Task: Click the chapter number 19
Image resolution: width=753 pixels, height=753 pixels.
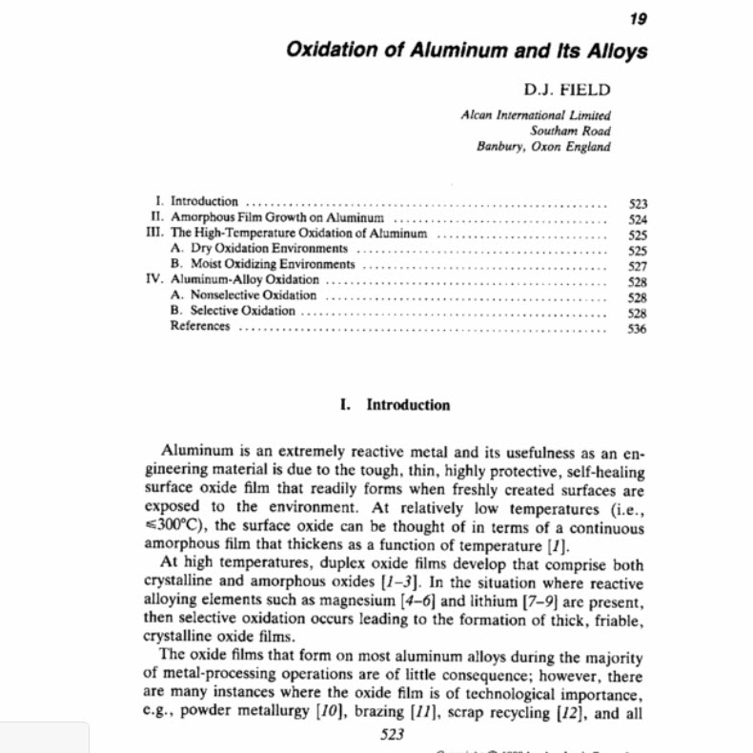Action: click(x=639, y=20)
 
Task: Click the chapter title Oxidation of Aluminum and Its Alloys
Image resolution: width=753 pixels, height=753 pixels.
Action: click(x=467, y=51)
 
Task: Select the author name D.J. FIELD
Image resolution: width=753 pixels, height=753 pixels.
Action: click(x=565, y=91)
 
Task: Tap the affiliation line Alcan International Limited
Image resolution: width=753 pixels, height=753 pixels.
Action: click(x=535, y=114)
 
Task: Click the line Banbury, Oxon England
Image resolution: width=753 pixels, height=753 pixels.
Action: click(x=544, y=147)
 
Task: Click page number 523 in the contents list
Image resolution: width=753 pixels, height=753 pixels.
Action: click(x=639, y=202)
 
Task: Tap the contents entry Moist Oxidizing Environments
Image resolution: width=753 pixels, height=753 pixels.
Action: click(x=273, y=264)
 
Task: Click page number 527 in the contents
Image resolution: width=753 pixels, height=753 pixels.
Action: click(x=639, y=266)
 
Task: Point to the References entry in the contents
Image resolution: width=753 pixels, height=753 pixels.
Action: click(x=200, y=326)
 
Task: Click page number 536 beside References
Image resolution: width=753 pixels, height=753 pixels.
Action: click(x=639, y=329)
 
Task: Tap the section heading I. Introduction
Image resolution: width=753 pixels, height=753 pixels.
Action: click(x=395, y=405)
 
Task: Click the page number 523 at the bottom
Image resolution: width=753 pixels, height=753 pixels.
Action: click(x=393, y=734)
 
